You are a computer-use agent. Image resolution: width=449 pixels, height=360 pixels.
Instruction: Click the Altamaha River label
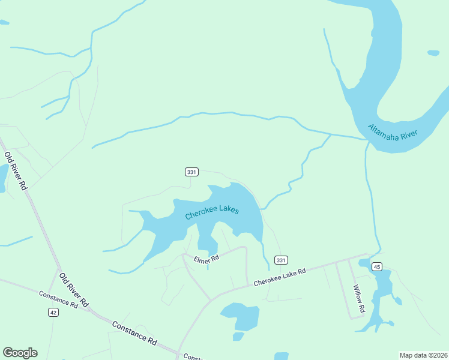[x=393, y=133]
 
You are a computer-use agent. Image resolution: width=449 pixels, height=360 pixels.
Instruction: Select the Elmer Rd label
[x=206, y=259]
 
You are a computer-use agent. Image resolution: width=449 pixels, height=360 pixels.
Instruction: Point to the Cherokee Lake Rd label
[x=280, y=277]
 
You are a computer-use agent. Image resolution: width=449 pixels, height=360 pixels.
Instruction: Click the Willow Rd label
[x=360, y=298]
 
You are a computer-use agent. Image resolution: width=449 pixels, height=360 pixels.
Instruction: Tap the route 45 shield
[x=377, y=266]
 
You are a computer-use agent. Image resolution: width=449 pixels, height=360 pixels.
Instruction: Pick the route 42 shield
[x=54, y=312]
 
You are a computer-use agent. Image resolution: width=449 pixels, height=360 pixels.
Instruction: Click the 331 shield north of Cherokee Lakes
[x=191, y=172]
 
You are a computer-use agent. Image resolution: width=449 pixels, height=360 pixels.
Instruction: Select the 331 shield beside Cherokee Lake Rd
[x=281, y=260]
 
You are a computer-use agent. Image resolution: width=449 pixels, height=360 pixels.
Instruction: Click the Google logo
[x=20, y=353]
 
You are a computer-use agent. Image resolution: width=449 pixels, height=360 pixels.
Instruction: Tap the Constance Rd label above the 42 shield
[x=58, y=299]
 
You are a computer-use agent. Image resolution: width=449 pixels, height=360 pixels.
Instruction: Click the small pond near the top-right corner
[x=433, y=53]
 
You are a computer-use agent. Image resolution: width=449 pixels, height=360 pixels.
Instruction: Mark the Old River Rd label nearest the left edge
[x=16, y=171]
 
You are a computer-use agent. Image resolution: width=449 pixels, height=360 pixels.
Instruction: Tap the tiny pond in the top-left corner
[x=4, y=23]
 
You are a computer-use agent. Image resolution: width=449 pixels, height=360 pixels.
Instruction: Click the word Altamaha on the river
[x=382, y=129]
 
